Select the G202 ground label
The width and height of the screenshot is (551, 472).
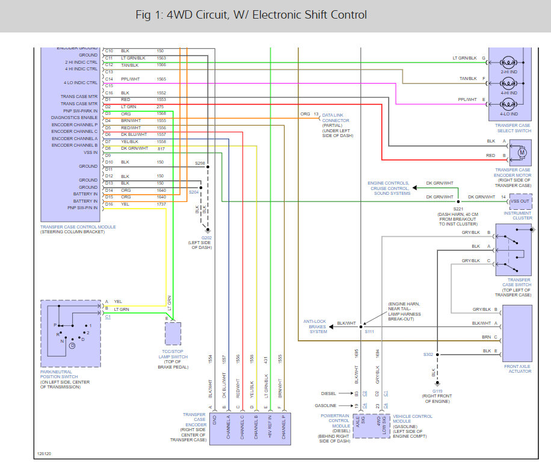pos(208,238)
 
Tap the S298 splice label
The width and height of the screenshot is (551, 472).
pos(200,163)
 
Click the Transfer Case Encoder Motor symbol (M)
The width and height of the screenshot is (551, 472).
pos(521,153)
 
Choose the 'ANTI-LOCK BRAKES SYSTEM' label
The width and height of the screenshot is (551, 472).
pos(314,326)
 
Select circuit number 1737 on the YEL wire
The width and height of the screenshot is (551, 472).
pos(161,204)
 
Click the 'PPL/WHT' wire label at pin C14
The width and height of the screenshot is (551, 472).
pos(131,79)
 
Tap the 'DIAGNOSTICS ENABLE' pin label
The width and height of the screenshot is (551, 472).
pos(75,117)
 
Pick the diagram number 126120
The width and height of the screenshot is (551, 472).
pos(44,453)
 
